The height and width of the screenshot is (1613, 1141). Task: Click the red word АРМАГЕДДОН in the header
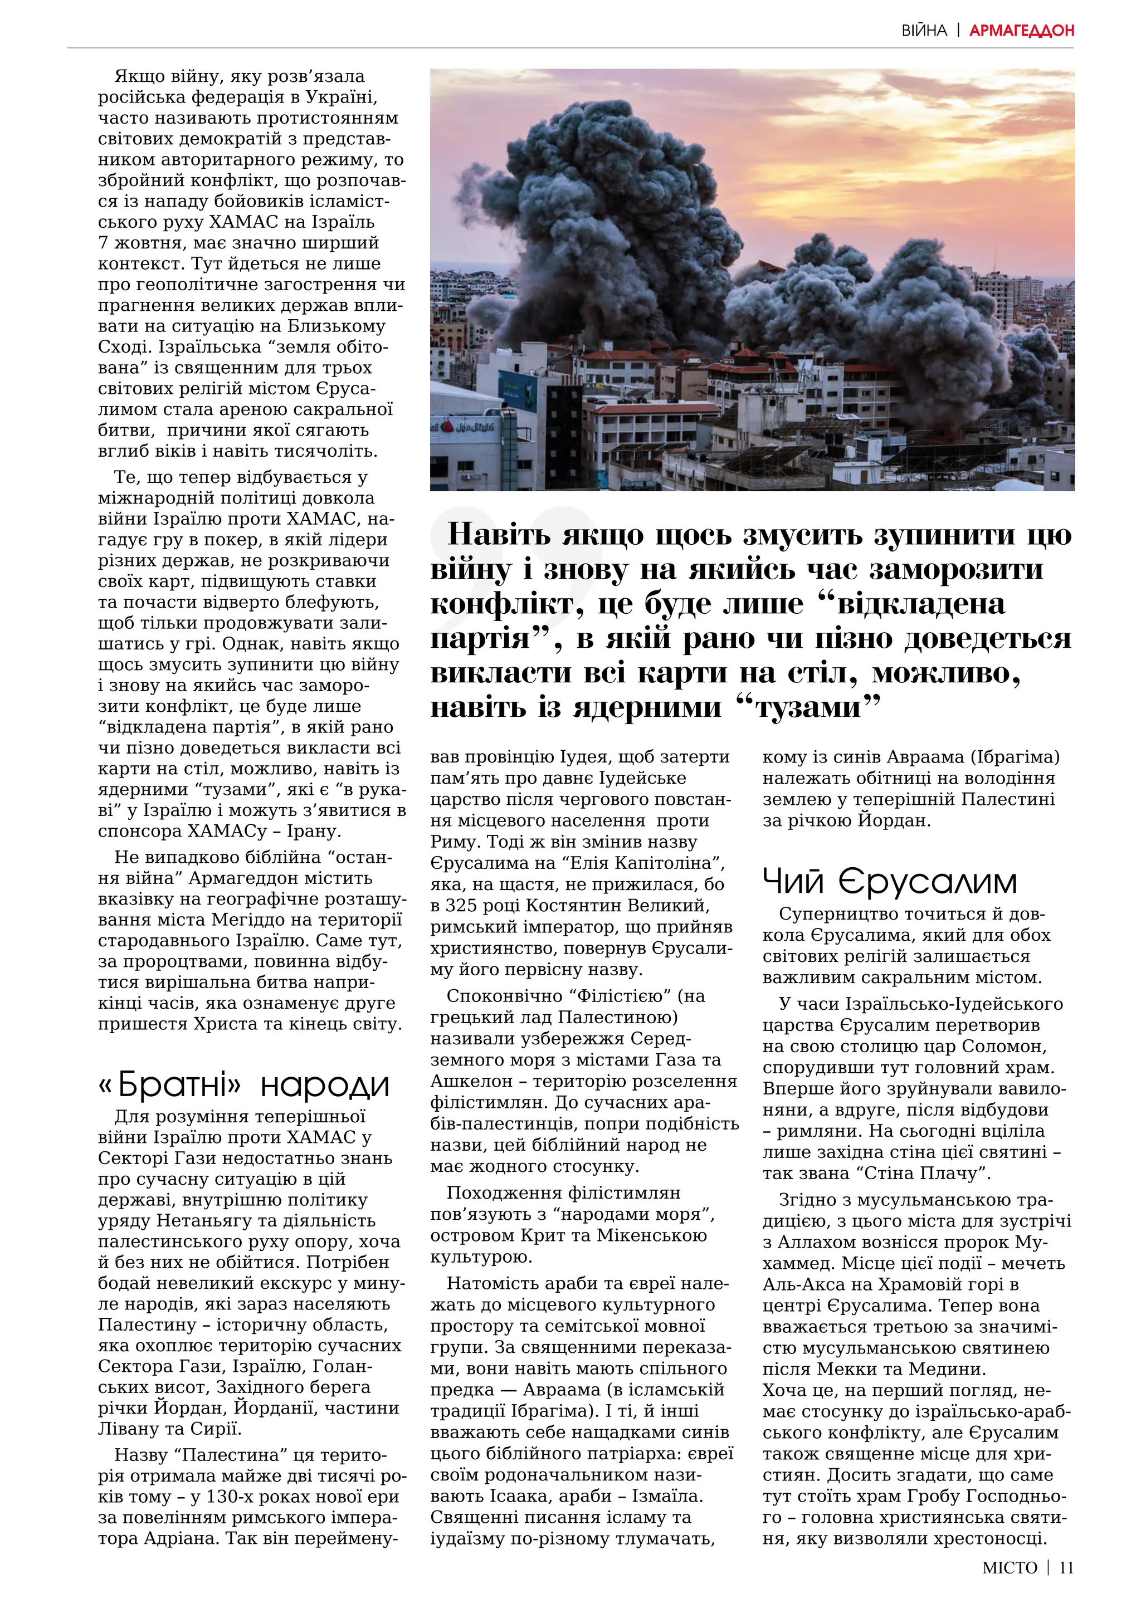(x=1022, y=30)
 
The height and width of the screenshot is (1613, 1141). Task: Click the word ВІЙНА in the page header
(x=924, y=30)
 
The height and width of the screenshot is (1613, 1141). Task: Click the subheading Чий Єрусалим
(x=890, y=882)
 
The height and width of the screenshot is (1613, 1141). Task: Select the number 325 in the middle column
(x=462, y=906)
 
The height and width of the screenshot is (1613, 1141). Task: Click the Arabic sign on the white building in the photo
(x=476, y=427)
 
